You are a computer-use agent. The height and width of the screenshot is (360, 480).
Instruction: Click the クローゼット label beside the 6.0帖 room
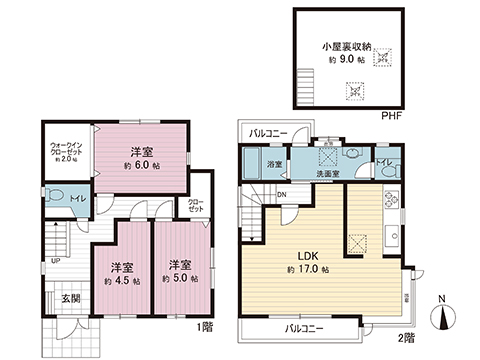tap(197, 204)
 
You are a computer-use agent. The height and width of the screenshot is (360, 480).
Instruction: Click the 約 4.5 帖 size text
tap(124, 281)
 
